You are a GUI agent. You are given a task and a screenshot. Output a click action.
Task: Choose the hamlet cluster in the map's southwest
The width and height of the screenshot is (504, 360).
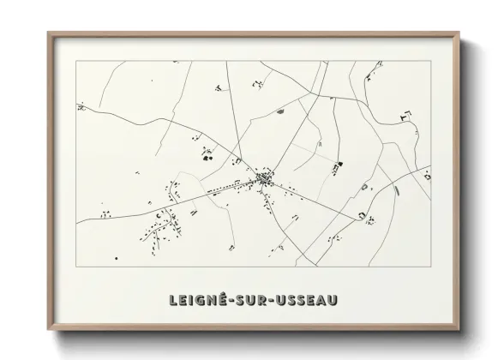coord(163,225)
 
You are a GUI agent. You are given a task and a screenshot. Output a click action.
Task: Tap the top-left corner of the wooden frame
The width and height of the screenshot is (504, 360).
coord(49,33)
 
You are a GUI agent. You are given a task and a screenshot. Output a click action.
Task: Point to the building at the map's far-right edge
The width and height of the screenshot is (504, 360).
coord(426,176)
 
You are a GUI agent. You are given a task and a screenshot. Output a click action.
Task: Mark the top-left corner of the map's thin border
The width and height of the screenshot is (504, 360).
coord(76,62)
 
